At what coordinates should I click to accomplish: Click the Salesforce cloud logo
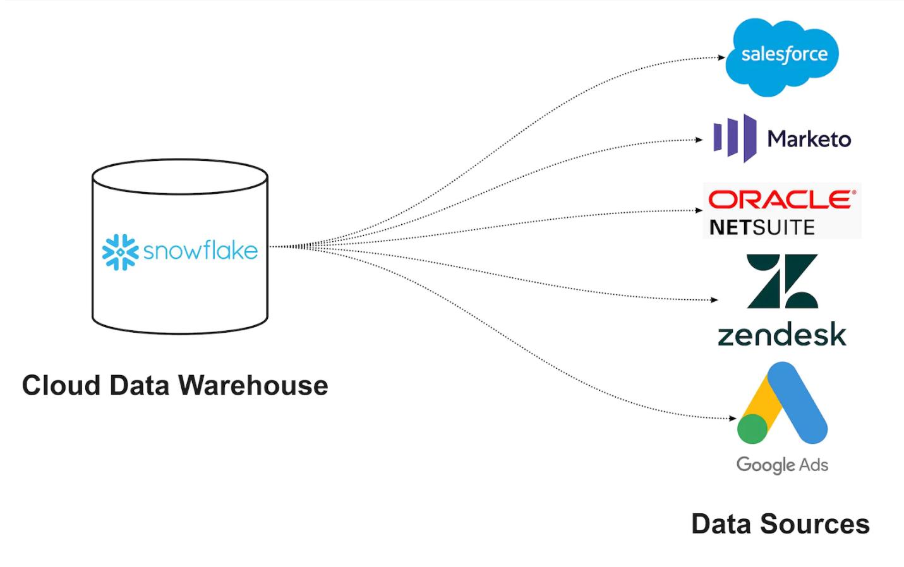click(782, 56)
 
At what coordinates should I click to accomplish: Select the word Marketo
click(809, 139)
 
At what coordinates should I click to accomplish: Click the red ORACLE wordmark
click(781, 200)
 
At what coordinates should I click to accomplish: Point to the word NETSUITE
click(762, 227)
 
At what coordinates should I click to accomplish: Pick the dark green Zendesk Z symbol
click(782, 281)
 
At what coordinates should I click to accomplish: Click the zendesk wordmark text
click(781, 335)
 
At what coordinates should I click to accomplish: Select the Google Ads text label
click(782, 465)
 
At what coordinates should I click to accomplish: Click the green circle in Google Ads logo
click(752, 429)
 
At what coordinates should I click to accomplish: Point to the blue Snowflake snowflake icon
click(120, 252)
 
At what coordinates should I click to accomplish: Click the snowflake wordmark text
click(200, 251)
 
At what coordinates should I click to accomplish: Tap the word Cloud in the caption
click(61, 386)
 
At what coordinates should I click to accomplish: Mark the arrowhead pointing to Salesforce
click(721, 57)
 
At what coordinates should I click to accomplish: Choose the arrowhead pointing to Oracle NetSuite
click(699, 210)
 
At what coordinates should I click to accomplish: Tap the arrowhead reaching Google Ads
click(733, 418)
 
